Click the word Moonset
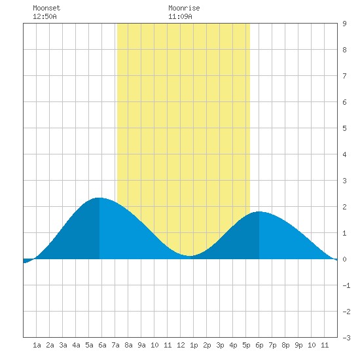(x=46, y=8)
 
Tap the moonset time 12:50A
(x=45, y=16)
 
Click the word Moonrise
(x=184, y=8)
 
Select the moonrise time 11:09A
(x=180, y=16)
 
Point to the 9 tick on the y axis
(x=344, y=24)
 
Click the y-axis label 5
(x=344, y=128)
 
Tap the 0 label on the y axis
(x=344, y=259)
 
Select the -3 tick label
(x=346, y=338)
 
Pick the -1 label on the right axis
(x=346, y=285)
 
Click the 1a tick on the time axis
(x=37, y=345)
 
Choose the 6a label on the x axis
(x=102, y=345)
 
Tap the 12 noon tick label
(x=181, y=345)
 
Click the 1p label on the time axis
(x=194, y=345)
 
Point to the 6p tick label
(x=259, y=345)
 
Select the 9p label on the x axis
(x=298, y=345)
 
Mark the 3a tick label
(x=63, y=345)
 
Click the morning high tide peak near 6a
(x=99, y=198)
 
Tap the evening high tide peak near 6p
(x=259, y=211)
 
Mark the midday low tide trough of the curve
(x=190, y=255)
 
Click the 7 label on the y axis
(x=344, y=76)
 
